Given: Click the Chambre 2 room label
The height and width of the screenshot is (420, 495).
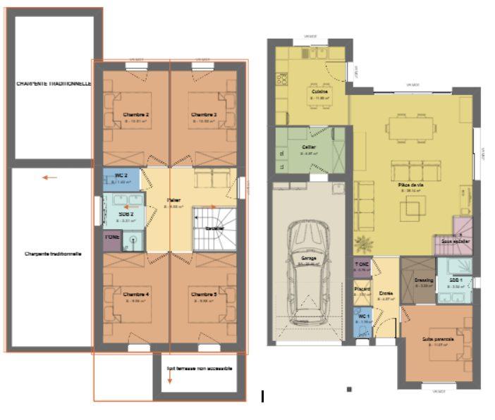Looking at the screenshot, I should [135, 114].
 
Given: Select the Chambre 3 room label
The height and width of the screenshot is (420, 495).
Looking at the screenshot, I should [203, 114].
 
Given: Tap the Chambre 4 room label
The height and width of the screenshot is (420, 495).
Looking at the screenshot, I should [135, 293].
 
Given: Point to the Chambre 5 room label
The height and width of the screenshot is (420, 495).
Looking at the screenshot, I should [203, 293].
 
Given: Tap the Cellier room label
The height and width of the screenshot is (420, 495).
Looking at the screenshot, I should [308, 147].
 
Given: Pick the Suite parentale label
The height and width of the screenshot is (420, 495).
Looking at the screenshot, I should [438, 339].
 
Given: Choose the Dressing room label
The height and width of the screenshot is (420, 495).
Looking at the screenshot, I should [424, 280].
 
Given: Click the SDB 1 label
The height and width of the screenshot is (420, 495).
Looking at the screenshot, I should [456, 280].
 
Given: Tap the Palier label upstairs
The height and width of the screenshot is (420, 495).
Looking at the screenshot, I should [174, 200].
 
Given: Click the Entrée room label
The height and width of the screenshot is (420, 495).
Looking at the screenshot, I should [386, 293].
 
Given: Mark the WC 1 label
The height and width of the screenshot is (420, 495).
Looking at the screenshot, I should [364, 316].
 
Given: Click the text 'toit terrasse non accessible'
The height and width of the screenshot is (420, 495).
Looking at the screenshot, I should [200, 368].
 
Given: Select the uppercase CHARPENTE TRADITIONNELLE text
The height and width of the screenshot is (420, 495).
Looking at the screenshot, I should [54, 83].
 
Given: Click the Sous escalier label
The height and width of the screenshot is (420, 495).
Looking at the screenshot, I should [456, 242].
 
